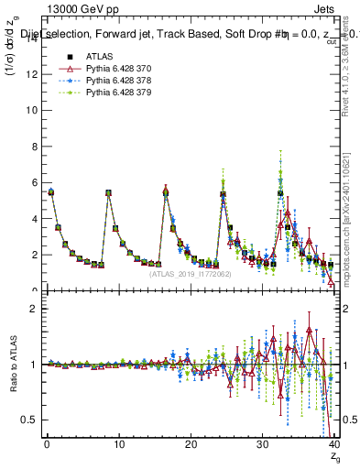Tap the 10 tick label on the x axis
point(118,445)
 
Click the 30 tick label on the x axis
point(262,445)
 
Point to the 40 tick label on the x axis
point(333,445)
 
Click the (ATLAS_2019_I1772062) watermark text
point(189,274)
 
